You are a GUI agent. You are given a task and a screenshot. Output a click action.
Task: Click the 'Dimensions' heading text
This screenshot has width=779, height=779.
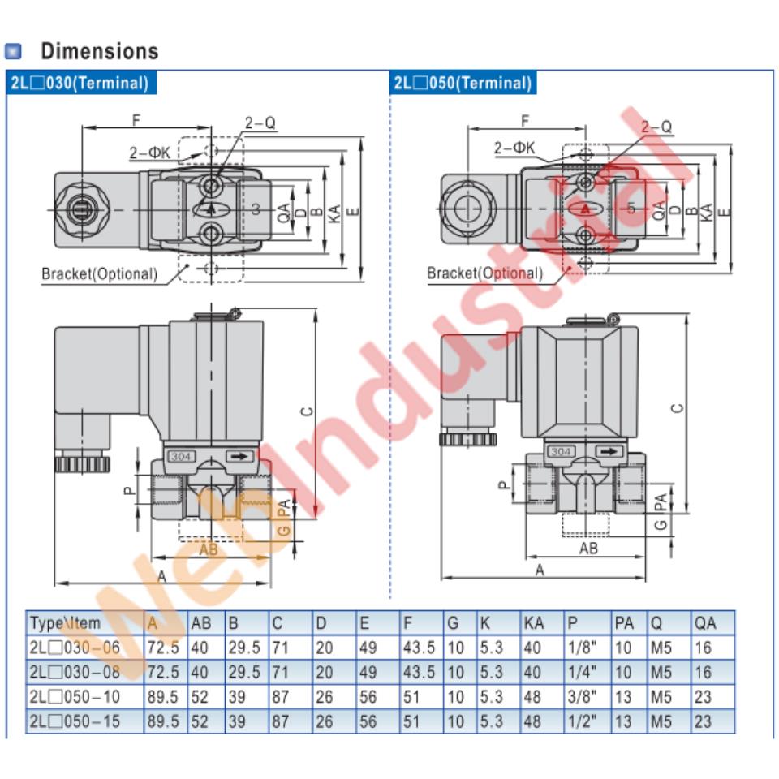tap(100, 51)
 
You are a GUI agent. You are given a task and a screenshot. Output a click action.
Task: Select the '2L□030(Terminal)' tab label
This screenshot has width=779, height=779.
tap(79, 82)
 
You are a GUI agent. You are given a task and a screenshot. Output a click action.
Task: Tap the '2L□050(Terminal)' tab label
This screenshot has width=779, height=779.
tap(463, 82)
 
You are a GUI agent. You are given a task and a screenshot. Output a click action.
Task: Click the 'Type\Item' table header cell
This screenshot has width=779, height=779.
tap(66, 623)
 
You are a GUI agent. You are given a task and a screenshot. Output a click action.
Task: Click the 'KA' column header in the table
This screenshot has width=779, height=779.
tap(533, 623)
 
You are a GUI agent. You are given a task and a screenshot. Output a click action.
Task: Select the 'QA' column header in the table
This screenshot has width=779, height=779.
tap(705, 623)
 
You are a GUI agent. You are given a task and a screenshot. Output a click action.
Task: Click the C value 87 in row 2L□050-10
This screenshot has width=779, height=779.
tap(280, 697)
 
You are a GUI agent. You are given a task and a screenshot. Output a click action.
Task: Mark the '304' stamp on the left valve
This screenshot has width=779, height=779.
tap(180, 457)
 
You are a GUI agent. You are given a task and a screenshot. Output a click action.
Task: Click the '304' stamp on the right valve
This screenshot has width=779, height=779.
tap(561, 452)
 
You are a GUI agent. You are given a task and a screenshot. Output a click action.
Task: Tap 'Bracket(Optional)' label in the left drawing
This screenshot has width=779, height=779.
tap(100, 273)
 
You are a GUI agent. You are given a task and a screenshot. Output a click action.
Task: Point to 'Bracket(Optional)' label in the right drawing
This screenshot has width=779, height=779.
tap(484, 273)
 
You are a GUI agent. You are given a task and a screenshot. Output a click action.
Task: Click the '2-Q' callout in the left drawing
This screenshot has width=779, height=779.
tap(260, 123)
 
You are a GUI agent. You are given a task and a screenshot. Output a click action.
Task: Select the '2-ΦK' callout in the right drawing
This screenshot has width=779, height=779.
tap(514, 147)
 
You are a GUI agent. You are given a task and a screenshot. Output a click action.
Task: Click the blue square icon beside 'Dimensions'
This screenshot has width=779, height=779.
tap(13, 52)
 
